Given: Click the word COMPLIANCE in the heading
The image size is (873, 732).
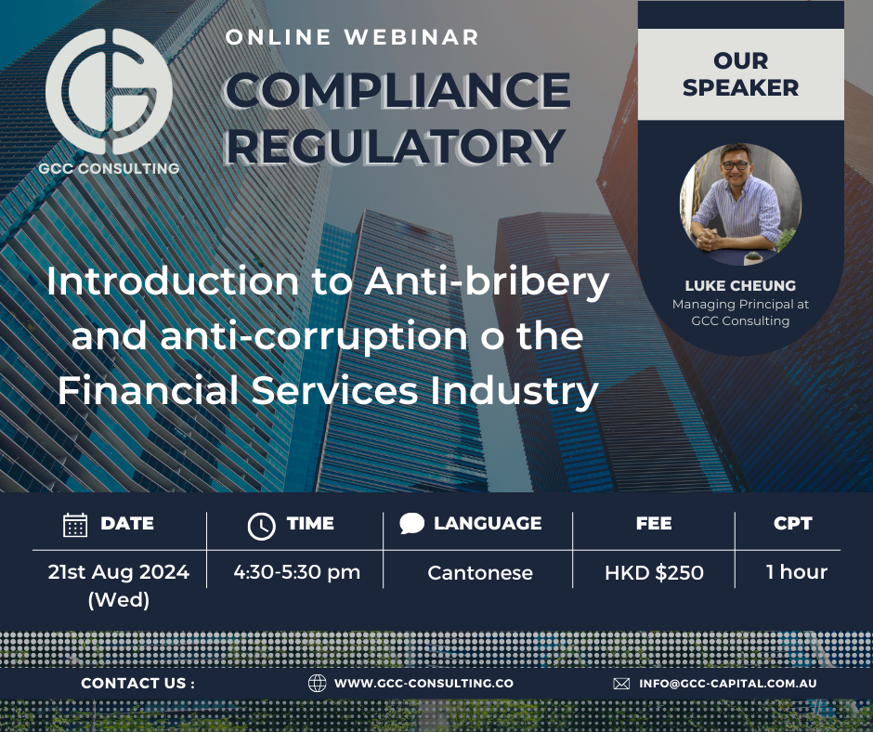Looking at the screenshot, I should [397, 90].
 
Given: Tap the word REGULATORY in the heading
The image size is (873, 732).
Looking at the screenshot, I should [396, 145].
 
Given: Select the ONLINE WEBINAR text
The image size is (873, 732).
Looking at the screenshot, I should [353, 38].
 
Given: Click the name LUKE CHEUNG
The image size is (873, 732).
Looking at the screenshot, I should [740, 285].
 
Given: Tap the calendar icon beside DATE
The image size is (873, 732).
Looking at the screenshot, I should [75, 524].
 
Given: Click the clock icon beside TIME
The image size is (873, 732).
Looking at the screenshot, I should [261, 525].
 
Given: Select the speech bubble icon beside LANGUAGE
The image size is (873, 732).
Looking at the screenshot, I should [411, 523].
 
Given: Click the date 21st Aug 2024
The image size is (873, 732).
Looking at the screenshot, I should [118, 572].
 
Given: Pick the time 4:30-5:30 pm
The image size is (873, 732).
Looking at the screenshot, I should [296, 572].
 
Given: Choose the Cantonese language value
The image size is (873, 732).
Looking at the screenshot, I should [480, 573].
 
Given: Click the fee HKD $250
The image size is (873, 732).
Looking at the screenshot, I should [654, 573].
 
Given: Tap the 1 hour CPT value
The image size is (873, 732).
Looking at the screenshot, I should [796, 572].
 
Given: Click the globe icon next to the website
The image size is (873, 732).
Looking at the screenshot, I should [317, 683].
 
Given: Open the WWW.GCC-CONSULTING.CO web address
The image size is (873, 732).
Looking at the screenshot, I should [423, 683].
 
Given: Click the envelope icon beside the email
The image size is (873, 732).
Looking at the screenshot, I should [621, 683].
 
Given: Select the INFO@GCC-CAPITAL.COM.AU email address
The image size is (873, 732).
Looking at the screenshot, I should [728, 683].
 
